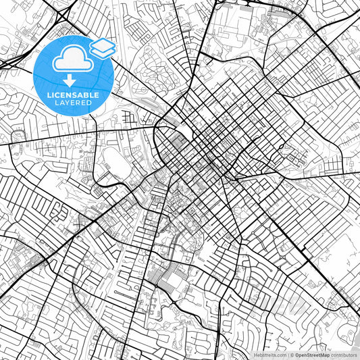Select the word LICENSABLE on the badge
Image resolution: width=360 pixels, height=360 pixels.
click(73, 95)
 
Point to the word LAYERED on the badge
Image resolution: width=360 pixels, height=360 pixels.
click(73, 103)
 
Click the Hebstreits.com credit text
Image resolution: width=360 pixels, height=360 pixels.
click(268, 354)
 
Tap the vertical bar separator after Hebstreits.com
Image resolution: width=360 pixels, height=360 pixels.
click(287, 354)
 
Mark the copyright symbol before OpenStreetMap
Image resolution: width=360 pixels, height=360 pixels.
click(292, 354)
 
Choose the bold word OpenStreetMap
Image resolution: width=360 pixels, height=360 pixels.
click(312, 354)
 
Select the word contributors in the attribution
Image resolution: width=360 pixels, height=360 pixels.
click(344, 354)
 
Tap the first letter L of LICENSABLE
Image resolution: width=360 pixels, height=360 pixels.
click(49, 95)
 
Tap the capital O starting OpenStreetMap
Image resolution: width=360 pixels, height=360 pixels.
click(297, 354)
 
